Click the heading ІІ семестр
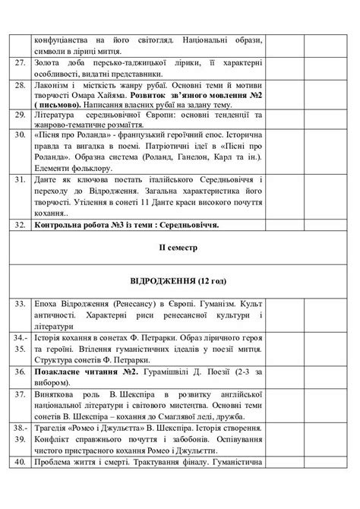point(180,247)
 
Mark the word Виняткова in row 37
point(56,394)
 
